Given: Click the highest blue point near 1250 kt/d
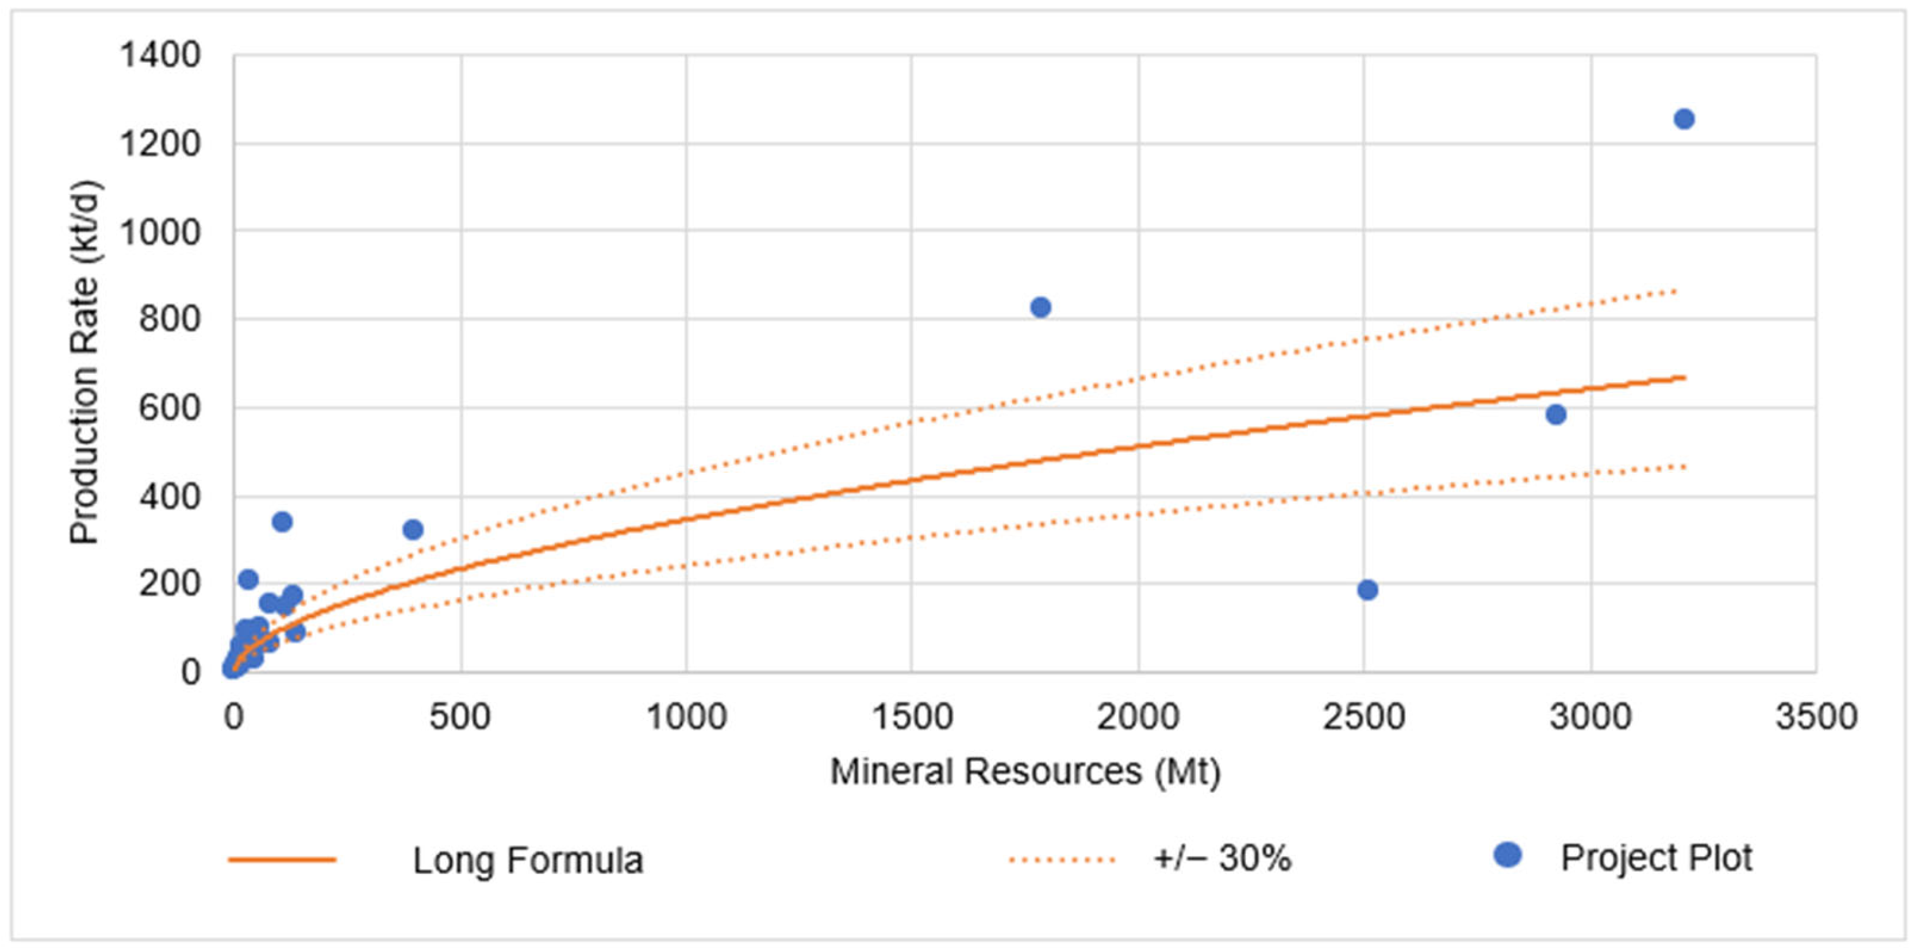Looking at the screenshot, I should [x=1683, y=119].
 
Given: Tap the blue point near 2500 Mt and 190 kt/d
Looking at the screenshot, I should [x=1367, y=589].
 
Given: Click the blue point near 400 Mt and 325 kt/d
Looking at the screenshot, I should [x=413, y=529].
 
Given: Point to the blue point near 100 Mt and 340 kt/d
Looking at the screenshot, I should [x=282, y=522].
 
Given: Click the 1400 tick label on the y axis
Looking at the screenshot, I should [x=160, y=55].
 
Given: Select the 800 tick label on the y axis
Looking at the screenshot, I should [x=169, y=319].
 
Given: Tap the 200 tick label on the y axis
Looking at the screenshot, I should [x=169, y=584].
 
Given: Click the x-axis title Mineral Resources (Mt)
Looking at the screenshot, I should [x=1025, y=771].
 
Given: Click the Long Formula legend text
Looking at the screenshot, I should [x=528, y=860].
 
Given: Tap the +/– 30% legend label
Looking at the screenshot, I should [x=1222, y=859].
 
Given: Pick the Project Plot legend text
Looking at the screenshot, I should [x=1656, y=858].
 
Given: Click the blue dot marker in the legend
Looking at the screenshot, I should [x=1507, y=855].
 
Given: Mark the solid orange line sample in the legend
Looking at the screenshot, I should [x=282, y=860].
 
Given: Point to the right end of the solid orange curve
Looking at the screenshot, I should [x=1683, y=378].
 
